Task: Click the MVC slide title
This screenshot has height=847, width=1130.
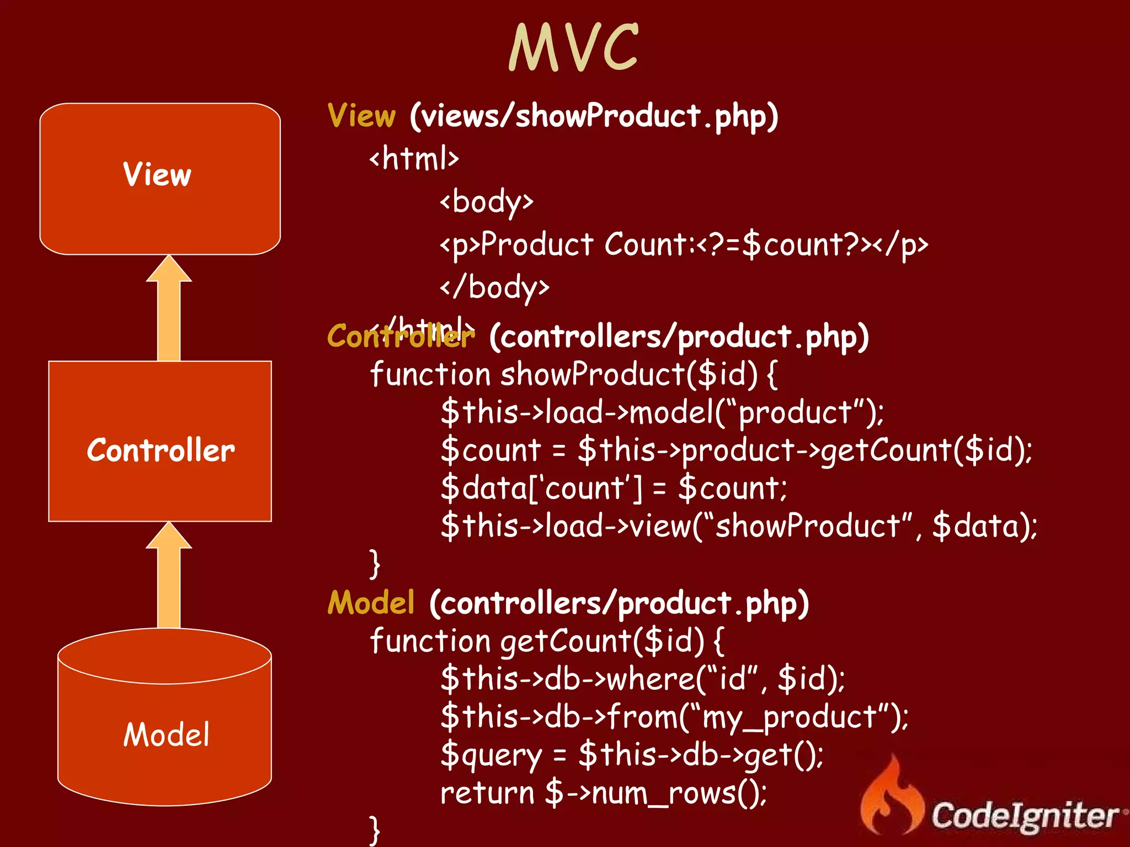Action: (573, 48)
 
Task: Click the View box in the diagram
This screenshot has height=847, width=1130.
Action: (160, 178)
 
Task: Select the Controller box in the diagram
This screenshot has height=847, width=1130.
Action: (160, 441)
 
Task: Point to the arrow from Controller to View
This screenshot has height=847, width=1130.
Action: (169, 309)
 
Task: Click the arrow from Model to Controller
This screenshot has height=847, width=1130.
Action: (169, 576)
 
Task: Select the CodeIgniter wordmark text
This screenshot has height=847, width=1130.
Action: (1025, 815)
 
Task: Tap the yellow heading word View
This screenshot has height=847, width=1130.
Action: (361, 116)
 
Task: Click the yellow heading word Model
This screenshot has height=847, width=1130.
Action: (371, 602)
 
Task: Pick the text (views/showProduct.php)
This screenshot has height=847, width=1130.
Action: (594, 116)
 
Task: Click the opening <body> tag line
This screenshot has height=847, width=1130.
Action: (487, 202)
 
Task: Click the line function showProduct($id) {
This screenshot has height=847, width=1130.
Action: (574, 374)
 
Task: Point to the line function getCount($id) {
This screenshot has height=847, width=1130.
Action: (546, 641)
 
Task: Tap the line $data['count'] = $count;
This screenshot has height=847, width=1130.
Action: (614, 488)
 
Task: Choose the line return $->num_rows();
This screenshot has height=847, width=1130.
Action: (603, 793)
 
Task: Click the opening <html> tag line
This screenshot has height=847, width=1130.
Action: (414, 159)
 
